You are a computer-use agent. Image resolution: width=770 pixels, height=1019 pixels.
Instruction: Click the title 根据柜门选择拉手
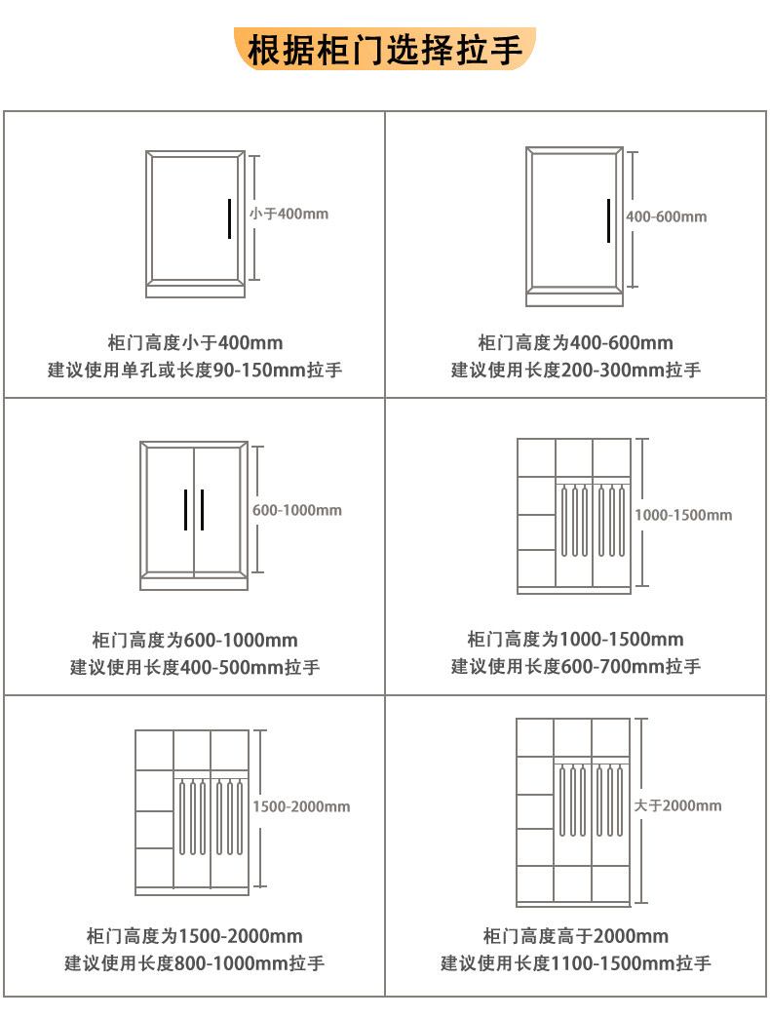(x=385, y=50)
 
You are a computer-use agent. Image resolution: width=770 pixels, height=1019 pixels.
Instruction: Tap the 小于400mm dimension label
(x=289, y=213)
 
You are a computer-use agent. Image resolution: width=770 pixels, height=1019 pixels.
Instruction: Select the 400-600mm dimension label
(x=666, y=216)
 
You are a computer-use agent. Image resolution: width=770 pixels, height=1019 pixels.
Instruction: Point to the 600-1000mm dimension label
(x=297, y=510)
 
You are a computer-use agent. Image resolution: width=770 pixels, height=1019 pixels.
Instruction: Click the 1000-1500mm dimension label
(x=682, y=515)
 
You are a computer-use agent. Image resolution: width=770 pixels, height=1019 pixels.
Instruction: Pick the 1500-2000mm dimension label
(x=301, y=806)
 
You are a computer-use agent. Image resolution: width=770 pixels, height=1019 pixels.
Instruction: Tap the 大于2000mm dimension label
(x=677, y=805)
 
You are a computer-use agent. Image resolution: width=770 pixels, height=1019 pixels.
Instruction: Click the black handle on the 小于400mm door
(x=228, y=218)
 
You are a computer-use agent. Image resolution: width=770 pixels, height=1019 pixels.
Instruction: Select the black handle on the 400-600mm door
(x=608, y=220)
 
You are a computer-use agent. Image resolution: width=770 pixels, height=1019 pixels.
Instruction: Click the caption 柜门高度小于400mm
(x=195, y=343)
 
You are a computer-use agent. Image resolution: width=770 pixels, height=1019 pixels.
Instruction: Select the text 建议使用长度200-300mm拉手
(x=575, y=371)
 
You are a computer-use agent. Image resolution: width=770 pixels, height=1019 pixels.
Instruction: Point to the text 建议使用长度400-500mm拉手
(x=195, y=668)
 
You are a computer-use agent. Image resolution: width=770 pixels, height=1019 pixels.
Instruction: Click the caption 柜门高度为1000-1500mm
(x=575, y=640)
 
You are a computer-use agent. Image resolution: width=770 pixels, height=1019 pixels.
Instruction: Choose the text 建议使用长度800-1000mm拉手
(x=195, y=964)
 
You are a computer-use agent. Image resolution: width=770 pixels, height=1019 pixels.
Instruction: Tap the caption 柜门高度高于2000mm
(x=575, y=937)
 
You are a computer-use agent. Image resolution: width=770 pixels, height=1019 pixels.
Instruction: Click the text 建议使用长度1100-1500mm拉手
(x=575, y=964)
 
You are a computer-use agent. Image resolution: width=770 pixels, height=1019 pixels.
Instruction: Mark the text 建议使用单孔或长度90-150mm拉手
(x=195, y=371)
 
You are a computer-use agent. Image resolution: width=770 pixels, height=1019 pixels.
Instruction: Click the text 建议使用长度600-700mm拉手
(x=575, y=667)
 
